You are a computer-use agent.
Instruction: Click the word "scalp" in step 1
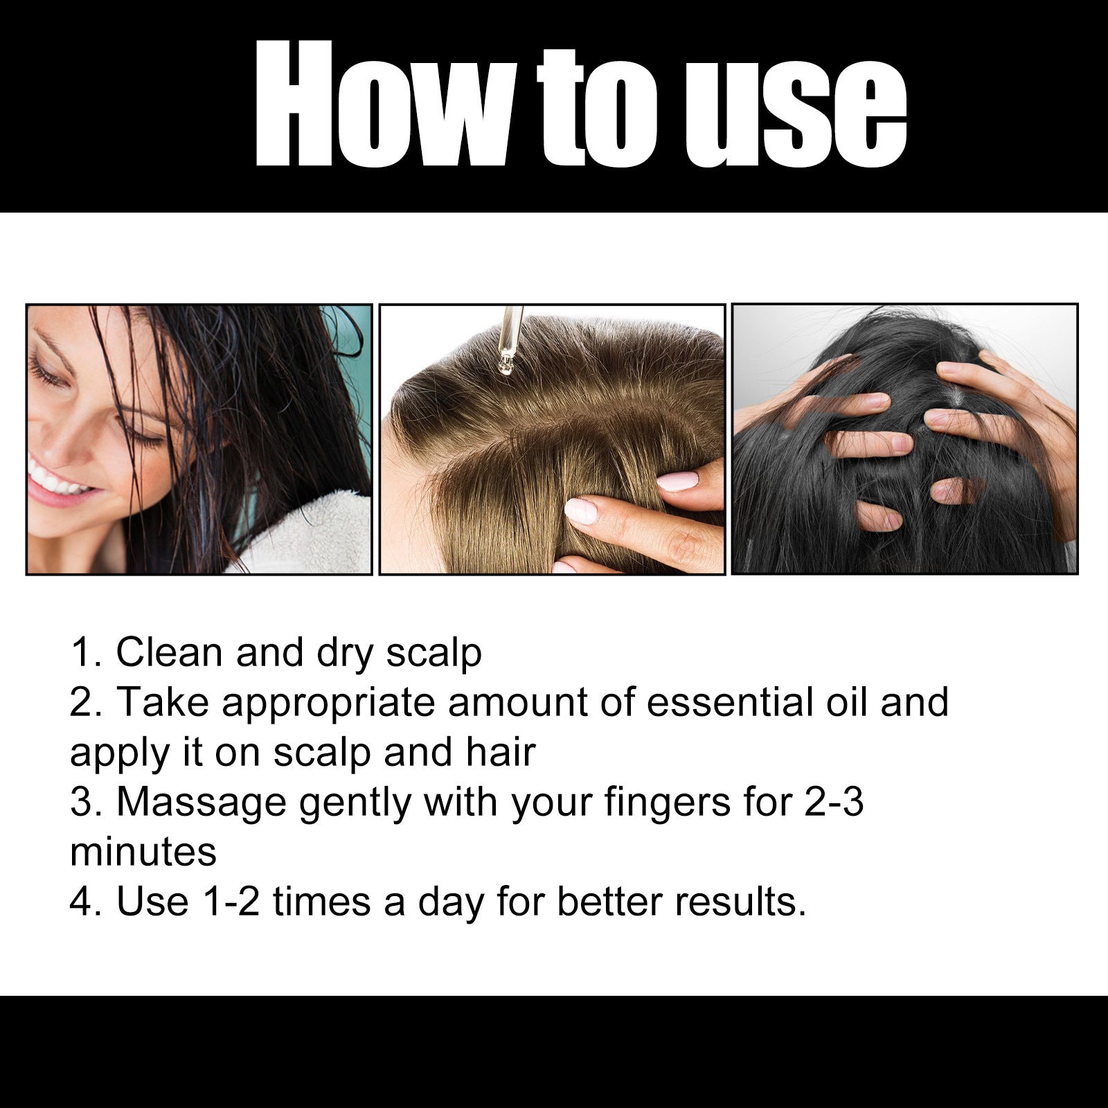point(434,654)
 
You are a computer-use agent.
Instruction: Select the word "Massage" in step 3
point(201,803)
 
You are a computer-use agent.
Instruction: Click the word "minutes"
point(143,852)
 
